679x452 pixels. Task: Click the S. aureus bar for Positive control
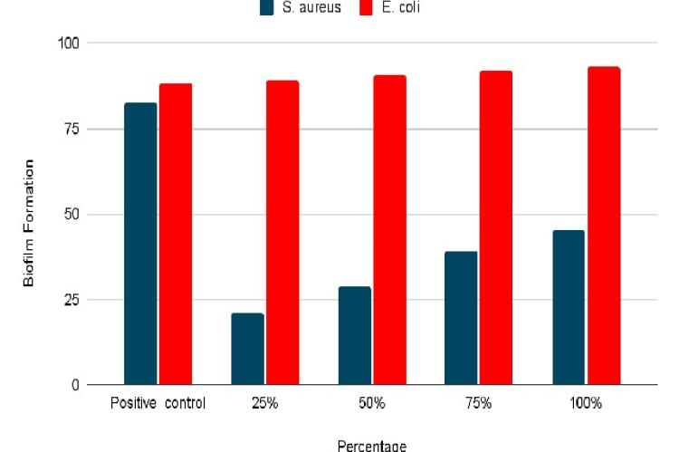click(140, 244)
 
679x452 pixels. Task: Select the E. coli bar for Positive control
click(176, 234)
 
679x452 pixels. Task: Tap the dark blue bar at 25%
click(247, 349)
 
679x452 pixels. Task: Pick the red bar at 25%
click(282, 233)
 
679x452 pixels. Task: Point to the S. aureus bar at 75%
click(461, 318)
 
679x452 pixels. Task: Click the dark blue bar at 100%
click(569, 307)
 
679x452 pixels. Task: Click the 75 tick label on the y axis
click(72, 129)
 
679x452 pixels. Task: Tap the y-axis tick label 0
click(76, 385)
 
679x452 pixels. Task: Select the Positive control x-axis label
click(158, 403)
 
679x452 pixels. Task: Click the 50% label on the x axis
click(371, 403)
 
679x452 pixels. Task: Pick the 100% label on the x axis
click(586, 403)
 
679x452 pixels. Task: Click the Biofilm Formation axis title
click(29, 223)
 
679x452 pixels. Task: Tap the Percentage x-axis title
click(371, 445)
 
